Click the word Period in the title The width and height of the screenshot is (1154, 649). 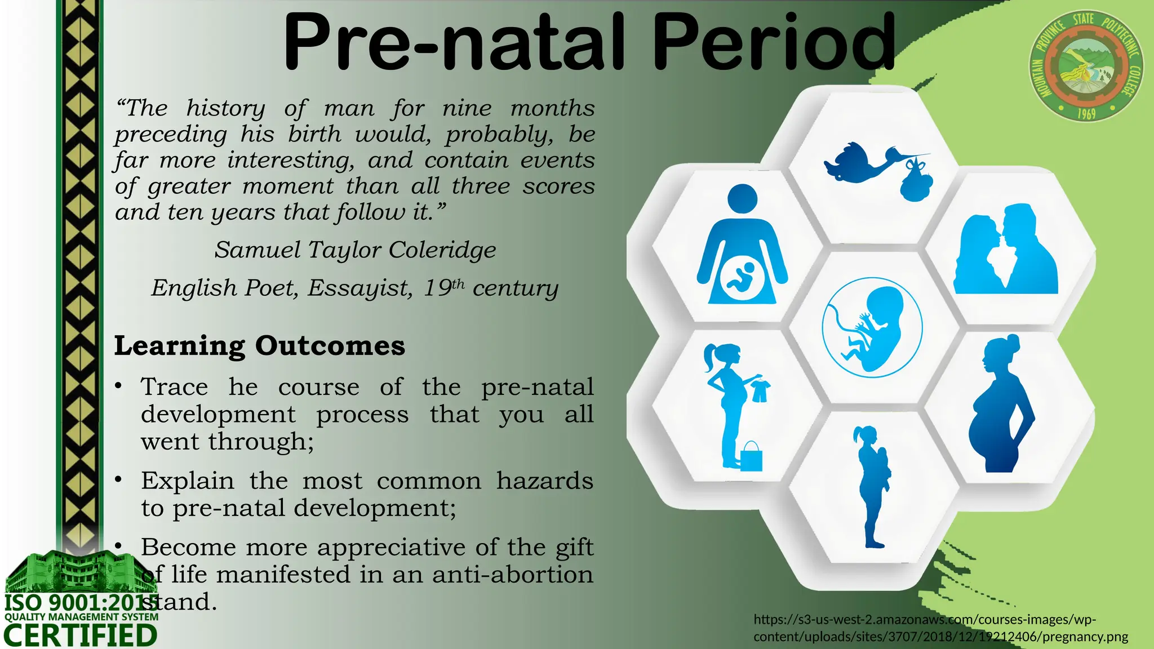coord(773,42)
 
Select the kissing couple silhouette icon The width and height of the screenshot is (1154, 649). coord(1006,250)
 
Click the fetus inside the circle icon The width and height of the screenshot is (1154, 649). coord(872,327)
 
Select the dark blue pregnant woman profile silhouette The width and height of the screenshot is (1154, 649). coord(1001,404)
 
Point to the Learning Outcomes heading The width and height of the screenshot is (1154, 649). coord(259,345)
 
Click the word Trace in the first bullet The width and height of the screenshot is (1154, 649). coord(174,387)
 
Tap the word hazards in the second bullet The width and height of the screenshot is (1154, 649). coord(544,481)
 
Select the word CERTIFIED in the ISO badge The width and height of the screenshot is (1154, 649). coord(81,635)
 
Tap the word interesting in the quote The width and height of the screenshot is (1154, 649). coord(291,161)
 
